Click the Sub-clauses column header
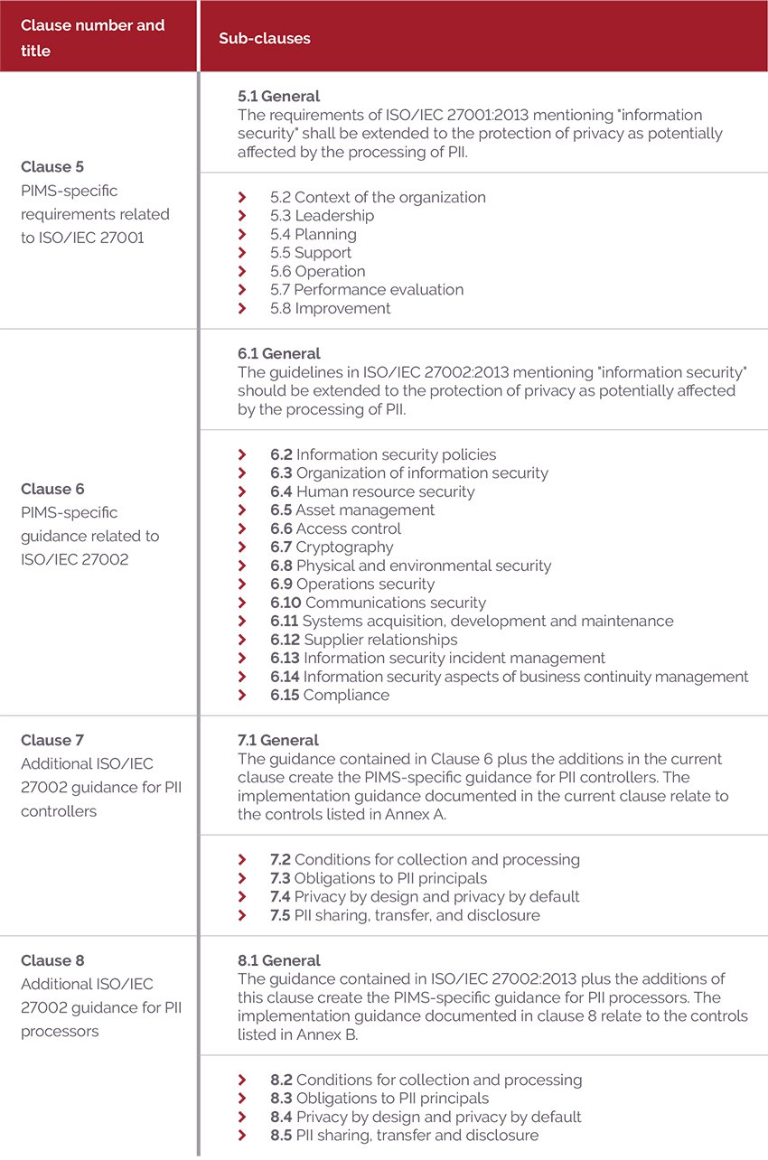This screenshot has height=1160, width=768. [x=264, y=39]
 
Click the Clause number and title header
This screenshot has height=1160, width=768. [x=93, y=38]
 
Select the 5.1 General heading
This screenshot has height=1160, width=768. [x=278, y=96]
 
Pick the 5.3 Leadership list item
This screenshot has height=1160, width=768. [x=322, y=216]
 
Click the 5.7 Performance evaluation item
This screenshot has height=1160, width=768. [x=366, y=290]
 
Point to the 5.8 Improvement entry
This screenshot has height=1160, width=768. [x=330, y=308]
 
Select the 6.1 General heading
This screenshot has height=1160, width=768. [x=278, y=353]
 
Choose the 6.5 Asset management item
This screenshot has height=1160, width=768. [x=351, y=510]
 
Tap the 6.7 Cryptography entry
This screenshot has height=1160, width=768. [x=332, y=547]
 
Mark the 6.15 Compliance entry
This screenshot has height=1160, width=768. [x=330, y=695]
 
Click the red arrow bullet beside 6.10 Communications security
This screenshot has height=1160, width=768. [x=241, y=603]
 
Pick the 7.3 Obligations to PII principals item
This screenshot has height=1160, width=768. [x=379, y=878]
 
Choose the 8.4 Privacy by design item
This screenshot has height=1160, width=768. [x=426, y=1117]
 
